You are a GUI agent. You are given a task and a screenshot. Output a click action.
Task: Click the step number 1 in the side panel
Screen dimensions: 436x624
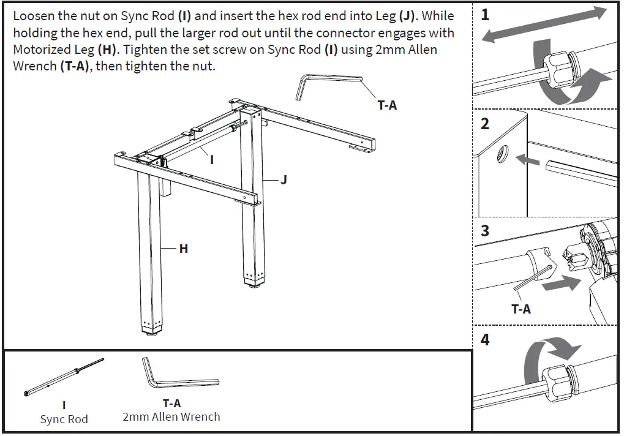click(485, 15)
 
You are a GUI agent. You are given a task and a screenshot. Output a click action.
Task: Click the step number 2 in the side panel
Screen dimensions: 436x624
click(485, 124)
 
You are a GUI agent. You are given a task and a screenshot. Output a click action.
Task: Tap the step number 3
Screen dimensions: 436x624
click(485, 231)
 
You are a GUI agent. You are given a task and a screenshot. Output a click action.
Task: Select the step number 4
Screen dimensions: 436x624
click(485, 339)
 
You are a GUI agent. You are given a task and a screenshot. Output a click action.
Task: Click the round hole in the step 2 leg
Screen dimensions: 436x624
click(502, 155)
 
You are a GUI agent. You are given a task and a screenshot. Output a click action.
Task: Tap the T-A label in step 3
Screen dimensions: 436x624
click(521, 309)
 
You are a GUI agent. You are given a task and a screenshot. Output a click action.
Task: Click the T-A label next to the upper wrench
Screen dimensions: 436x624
click(386, 105)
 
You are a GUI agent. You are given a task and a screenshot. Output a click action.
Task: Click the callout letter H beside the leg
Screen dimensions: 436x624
click(183, 249)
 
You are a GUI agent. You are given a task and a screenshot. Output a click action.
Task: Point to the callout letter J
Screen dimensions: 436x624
click(283, 180)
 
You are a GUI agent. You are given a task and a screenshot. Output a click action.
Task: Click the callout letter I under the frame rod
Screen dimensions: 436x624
click(211, 160)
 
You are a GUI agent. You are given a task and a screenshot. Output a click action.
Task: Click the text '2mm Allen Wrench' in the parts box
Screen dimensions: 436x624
click(171, 417)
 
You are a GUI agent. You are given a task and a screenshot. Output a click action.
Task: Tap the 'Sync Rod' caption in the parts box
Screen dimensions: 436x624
click(64, 419)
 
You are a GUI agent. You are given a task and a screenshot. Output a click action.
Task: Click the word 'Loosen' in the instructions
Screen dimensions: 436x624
click(34, 17)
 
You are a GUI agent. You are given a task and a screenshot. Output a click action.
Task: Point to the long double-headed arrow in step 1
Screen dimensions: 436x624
click(545, 24)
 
